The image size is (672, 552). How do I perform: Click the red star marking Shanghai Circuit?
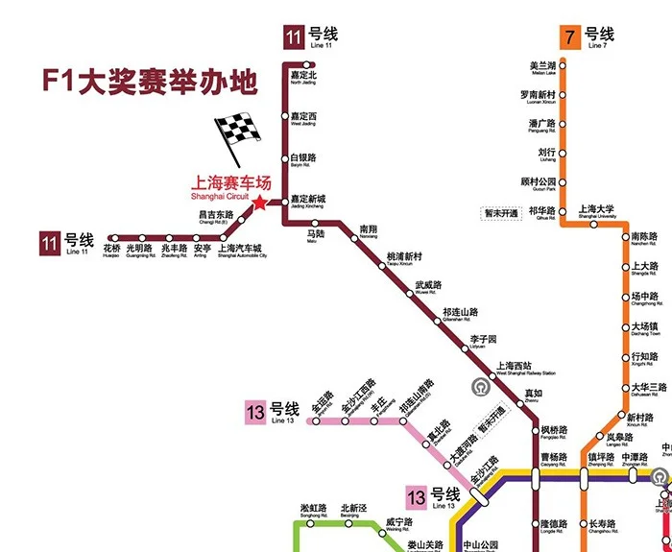(x=258, y=203)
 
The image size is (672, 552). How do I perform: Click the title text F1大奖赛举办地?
(x=149, y=82)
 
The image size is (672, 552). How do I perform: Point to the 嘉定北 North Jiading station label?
(x=302, y=77)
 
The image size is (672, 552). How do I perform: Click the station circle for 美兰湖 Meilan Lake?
(x=564, y=66)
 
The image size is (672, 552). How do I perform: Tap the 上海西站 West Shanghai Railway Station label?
(x=523, y=368)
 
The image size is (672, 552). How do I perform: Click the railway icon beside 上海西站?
(x=480, y=388)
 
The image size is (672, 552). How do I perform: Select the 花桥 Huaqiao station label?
(x=111, y=251)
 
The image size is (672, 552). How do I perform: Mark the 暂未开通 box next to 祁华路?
(x=500, y=212)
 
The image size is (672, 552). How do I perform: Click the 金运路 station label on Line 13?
(x=322, y=401)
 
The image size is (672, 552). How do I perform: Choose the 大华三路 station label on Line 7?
(x=648, y=389)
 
